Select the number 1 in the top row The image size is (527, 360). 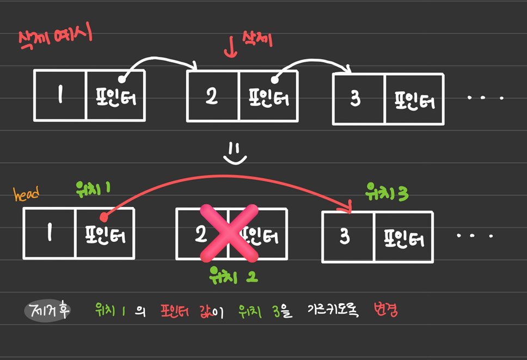(x=60, y=96)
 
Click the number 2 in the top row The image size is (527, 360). (x=211, y=96)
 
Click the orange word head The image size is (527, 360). (x=26, y=193)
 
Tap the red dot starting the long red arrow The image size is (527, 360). (x=104, y=217)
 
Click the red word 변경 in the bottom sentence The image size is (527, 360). (x=386, y=310)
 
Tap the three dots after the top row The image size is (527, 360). (x=485, y=99)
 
